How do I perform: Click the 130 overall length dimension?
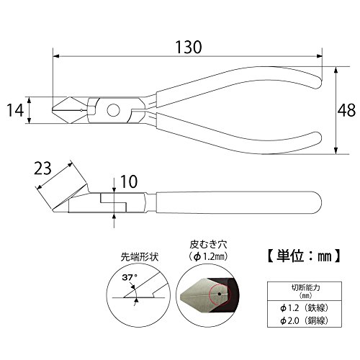click(189, 48)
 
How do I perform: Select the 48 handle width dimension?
click(346, 110)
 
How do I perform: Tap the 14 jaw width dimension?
click(15, 110)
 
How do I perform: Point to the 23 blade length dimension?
click(42, 168)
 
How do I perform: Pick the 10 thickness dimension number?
click(129, 181)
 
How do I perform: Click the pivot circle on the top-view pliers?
click(113, 110)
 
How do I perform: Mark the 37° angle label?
click(130, 278)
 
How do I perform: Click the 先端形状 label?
click(140, 258)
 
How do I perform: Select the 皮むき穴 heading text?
click(208, 245)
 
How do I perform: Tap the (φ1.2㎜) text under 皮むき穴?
click(208, 257)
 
